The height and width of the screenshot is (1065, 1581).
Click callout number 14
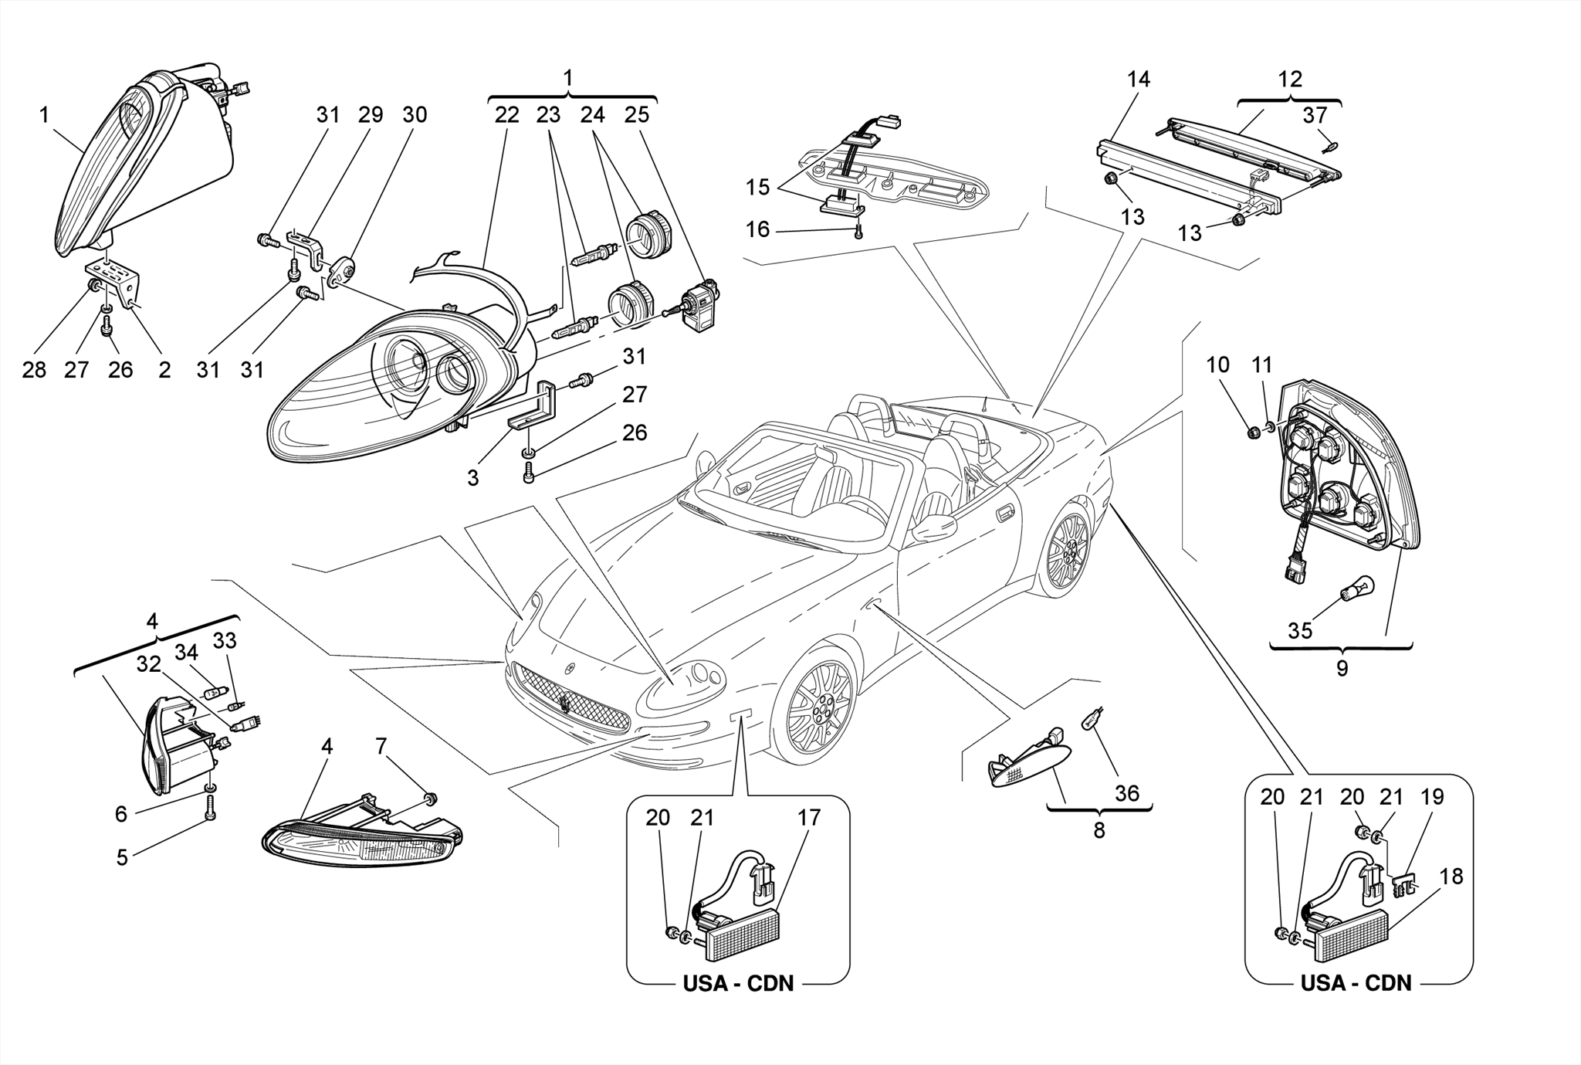click(x=1138, y=80)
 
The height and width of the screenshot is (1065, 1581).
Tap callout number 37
click(x=1315, y=115)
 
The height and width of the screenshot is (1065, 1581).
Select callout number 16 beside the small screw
click(x=757, y=229)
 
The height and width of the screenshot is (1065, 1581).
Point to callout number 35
click(x=1300, y=630)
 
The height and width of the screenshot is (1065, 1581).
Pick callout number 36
click(x=1127, y=793)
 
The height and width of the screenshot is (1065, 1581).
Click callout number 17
click(x=808, y=817)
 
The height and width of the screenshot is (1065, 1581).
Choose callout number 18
click(x=1451, y=877)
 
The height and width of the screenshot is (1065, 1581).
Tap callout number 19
click(x=1432, y=796)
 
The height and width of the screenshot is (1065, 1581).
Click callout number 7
click(x=381, y=746)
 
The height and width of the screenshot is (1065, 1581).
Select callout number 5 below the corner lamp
click(x=122, y=857)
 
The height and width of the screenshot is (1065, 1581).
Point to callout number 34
click(x=186, y=653)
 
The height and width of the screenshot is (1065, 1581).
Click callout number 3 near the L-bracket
click(x=472, y=478)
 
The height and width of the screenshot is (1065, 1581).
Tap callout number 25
click(x=637, y=115)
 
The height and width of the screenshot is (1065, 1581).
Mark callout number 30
click(x=415, y=115)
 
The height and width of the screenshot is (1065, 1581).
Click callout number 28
click(x=34, y=370)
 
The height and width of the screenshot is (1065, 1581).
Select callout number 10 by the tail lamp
click(x=1217, y=365)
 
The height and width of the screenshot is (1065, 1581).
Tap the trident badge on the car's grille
click(x=566, y=704)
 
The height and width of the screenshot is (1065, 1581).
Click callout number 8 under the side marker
click(x=1099, y=830)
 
